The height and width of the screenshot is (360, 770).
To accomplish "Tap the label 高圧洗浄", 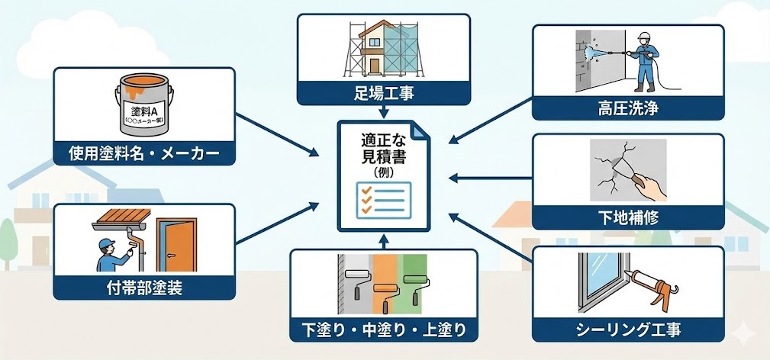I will coord(628,108).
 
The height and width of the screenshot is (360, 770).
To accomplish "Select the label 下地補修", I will coord(628,218).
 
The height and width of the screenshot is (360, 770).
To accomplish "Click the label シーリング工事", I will coord(627,329).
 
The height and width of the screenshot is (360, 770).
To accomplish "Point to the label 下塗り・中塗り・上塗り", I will coord(384,329).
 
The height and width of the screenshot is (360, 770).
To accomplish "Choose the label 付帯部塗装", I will coord(143,288).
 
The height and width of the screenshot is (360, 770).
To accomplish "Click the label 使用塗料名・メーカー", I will coord(143,155).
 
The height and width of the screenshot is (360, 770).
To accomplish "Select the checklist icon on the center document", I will coord(385,198).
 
